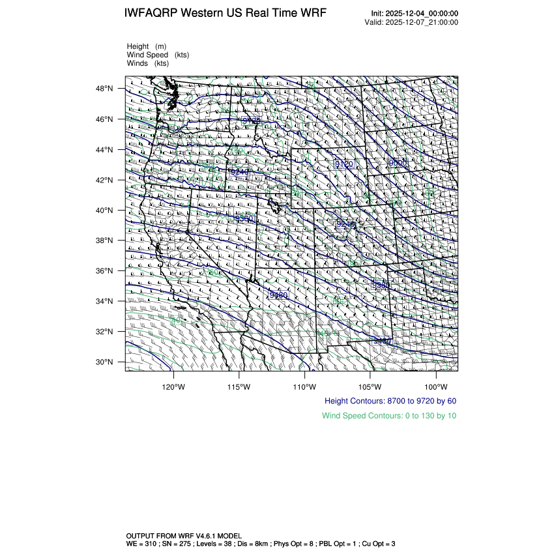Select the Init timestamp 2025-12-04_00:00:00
pos(422,14)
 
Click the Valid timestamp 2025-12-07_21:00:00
pos(422,22)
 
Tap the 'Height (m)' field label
pos(147,46)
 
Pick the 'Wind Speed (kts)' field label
pos(158,55)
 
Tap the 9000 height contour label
pos(397,162)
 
